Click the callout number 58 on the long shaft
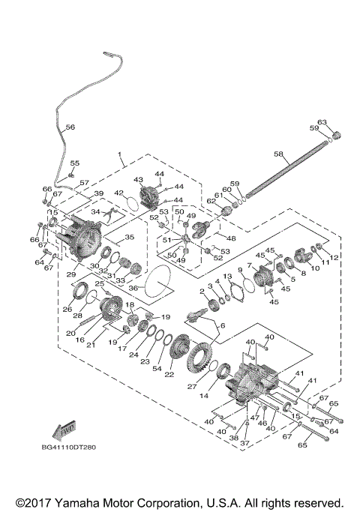[277, 154]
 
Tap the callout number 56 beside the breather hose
[70, 127]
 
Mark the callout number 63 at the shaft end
[322, 121]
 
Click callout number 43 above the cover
[138, 180]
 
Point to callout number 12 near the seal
[335, 257]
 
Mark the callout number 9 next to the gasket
[241, 270]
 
